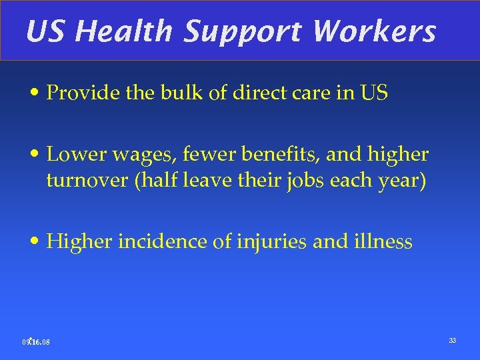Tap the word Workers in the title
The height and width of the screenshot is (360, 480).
click(374, 31)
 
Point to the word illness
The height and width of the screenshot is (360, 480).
click(382, 241)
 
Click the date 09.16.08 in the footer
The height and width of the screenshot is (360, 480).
click(36, 343)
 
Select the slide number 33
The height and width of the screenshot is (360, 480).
click(452, 341)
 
